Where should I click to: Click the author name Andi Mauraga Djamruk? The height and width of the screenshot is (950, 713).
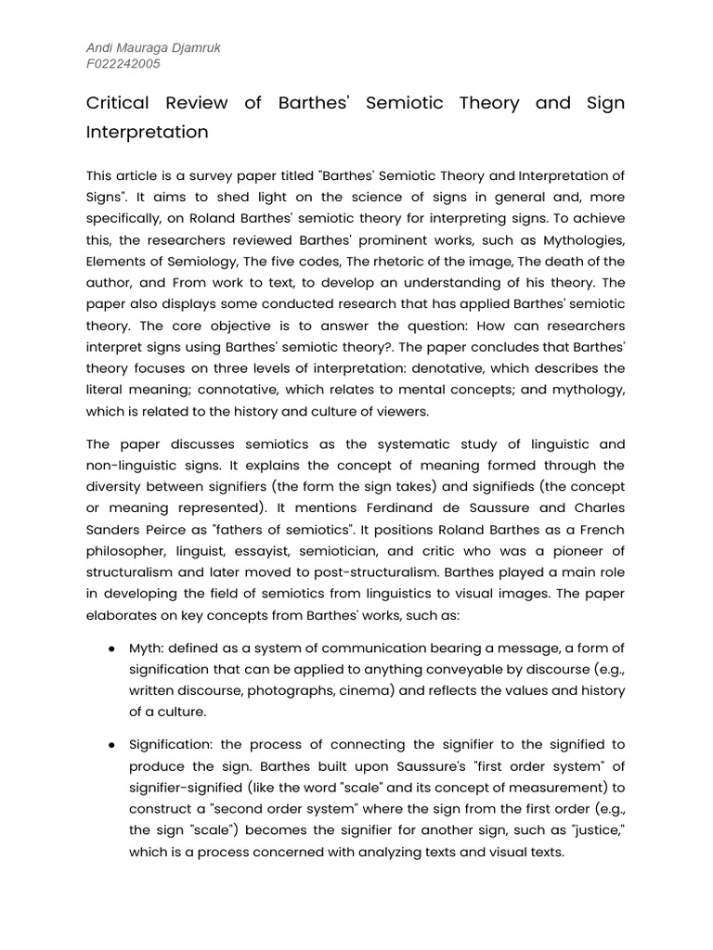(154, 48)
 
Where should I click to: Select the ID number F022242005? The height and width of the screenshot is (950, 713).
(123, 64)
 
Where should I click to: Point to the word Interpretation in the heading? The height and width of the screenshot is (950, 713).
(147, 132)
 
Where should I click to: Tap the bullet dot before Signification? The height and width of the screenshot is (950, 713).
(111, 745)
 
